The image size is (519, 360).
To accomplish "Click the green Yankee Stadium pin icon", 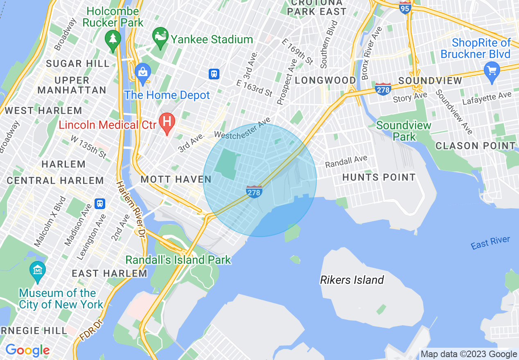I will (x=160, y=36).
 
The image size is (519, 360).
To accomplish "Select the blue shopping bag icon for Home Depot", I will (x=143, y=73).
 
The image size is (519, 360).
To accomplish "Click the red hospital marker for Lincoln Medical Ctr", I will (x=167, y=122).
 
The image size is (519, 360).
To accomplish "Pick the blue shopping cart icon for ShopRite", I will (x=492, y=71).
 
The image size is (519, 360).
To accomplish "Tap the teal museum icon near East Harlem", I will (x=38, y=270).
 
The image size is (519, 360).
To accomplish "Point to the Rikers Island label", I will (x=352, y=280).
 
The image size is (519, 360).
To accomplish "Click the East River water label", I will (x=490, y=243).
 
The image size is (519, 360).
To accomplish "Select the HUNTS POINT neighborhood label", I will (x=379, y=177).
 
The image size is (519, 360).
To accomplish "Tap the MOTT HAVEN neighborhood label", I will (x=176, y=179).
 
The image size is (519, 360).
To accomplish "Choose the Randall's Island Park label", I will (x=178, y=260).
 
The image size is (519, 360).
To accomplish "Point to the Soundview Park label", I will (x=404, y=131).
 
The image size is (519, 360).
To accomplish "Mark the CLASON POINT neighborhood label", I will (x=475, y=146).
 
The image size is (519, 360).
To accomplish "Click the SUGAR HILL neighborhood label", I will (x=78, y=63).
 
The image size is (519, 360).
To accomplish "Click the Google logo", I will (x=27, y=350).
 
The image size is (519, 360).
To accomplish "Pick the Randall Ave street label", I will (x=346, y=162).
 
